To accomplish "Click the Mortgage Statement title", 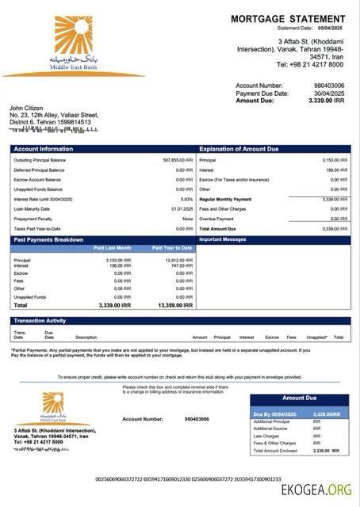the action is pos(288,18).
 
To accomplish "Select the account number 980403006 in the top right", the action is pos(328,85).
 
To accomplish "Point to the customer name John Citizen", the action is pos(28,108).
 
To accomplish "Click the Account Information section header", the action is pos(43,149).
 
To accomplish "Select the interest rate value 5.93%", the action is pos(186,199).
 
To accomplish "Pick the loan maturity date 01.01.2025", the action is pos(182,209).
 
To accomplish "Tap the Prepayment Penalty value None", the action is pos(187,219).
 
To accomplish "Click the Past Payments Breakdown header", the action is pos(48,238).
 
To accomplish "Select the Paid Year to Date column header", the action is pos(172,248).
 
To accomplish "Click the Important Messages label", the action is pos(223,238).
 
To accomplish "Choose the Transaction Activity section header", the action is pos(40,321).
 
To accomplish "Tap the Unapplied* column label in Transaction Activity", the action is pos(316,337).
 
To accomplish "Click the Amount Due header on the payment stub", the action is pos(299,398).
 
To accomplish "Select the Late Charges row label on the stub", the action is pos(266,436).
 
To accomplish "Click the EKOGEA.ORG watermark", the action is pos(316,490).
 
